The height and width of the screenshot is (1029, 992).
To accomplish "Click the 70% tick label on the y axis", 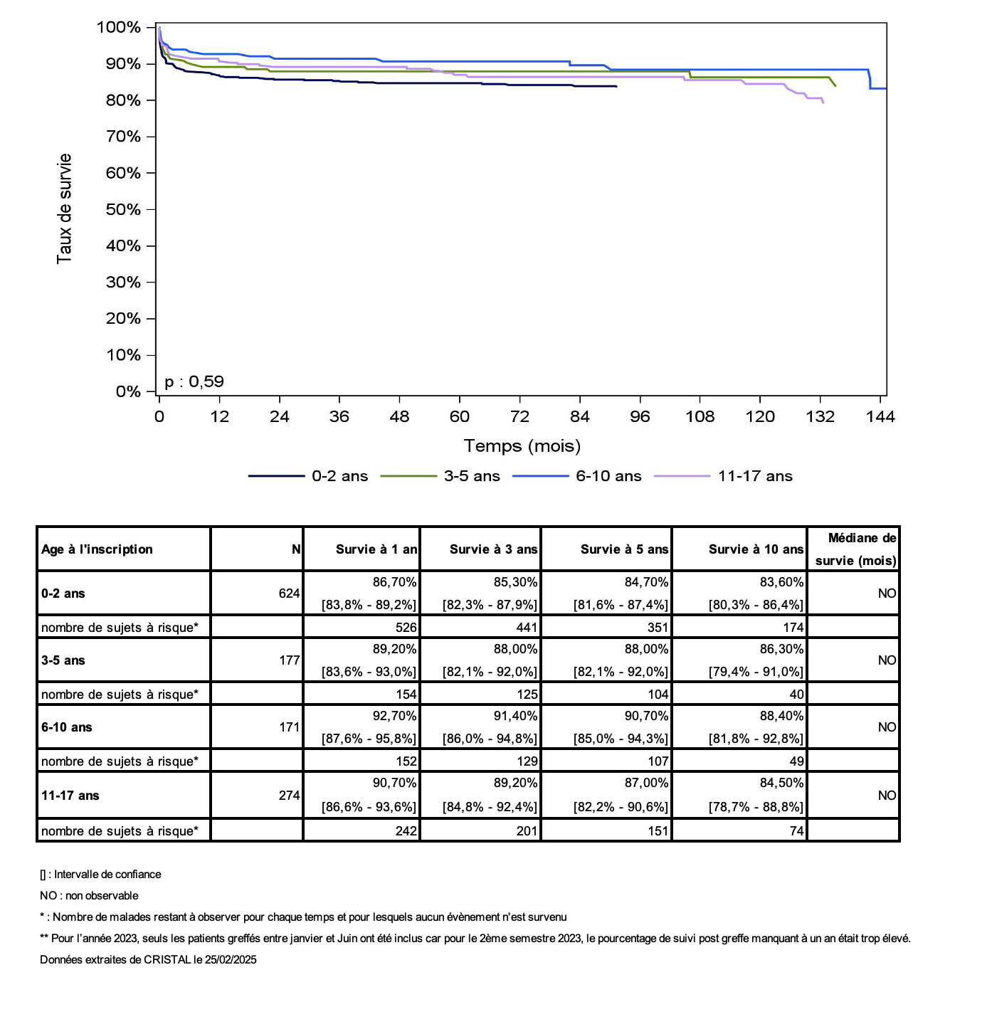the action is pos(122,137).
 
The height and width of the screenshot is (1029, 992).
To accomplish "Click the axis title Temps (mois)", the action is pos(522,446).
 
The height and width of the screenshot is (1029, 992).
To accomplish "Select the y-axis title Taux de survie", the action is pos(64,209).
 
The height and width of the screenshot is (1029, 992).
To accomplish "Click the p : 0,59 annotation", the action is pos(194,381).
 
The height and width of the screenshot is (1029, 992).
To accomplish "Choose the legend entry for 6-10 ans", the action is pos(577,476).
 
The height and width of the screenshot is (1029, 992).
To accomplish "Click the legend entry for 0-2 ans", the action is pos(307,476).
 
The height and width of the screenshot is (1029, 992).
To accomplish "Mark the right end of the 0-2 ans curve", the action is pos(616,86).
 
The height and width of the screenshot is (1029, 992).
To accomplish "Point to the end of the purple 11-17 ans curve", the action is pos(823,102).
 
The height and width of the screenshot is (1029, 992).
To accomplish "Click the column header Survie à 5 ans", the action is pos(624,549).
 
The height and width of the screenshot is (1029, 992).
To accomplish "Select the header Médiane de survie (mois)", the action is pos(855,549).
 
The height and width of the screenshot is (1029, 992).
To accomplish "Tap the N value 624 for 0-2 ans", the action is pos(289,593).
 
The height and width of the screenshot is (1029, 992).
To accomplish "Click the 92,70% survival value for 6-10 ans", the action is pos(394,716).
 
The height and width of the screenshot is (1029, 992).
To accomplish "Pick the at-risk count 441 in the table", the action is pos(527,628).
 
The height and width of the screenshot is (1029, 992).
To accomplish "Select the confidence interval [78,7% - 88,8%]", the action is pos(756,807).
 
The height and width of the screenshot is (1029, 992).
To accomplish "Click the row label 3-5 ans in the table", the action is pos(63,660).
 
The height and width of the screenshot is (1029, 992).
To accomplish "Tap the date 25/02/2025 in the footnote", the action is pos(231,960).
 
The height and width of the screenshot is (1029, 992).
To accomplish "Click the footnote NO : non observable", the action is pos(89,896).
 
